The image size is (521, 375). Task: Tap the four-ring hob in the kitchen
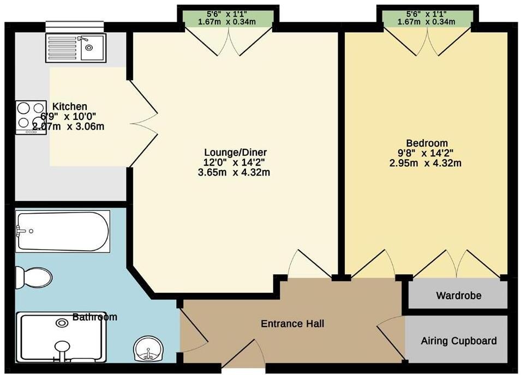pyautogui.click(x=31, y=117)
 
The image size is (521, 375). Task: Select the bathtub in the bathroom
pyautogui.click(x=62, y=231)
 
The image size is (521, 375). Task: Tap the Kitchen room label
pyautogui.click(x=69, y=106)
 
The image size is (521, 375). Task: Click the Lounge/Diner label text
pyautogui.click(x=236, y=152)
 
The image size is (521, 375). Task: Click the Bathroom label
pyautogui.click(x=95, y=317)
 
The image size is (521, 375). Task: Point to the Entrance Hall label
pyautogui.click(x=292, y=324)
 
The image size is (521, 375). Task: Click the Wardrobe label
pyautogui.click(x=458, y=296)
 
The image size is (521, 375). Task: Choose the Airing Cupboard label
pyautogui.click(x=458, y=341)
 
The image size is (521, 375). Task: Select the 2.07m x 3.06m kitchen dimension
pyautogui.click(x=68, y=126)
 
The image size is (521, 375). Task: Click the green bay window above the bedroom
pyautogui.click(x=427, y=17)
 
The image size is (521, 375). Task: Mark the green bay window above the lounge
pyautogui.click(x=228, y=17)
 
